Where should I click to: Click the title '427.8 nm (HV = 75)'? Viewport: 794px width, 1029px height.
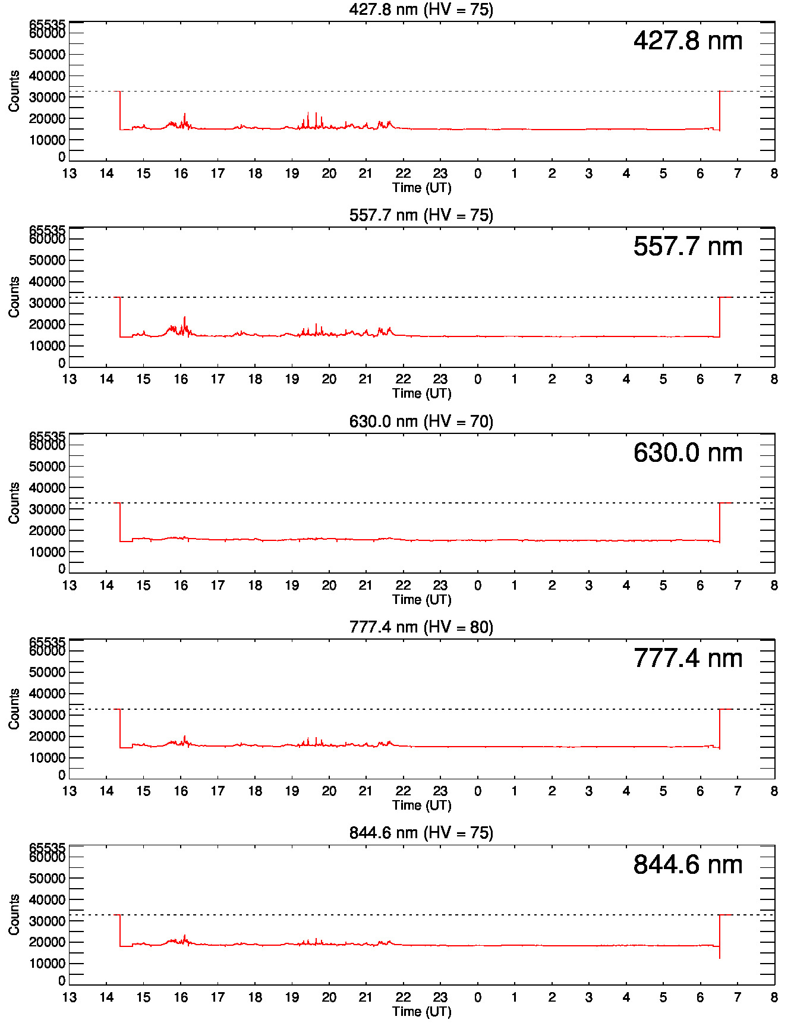pos(421,10)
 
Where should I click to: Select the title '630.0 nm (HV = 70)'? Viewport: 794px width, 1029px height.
pos(421,421)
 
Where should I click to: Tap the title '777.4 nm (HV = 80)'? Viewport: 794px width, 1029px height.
pos(421,627)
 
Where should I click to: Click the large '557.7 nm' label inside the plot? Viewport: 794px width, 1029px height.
pos(688,247)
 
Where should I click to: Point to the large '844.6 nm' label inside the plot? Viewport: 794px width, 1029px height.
pos(688,865)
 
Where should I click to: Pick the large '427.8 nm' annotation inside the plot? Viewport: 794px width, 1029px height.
pos(688,41)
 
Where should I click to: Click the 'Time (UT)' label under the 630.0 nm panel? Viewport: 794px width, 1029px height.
pos(421,599)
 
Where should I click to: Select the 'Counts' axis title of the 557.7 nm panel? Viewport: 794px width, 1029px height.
pos(14,297)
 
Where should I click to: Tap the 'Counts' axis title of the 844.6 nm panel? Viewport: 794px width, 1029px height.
pos(14,914)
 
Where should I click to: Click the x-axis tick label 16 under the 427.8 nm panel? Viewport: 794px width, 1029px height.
pos(181,174)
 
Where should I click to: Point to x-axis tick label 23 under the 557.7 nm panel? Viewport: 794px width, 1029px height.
pos(440,379)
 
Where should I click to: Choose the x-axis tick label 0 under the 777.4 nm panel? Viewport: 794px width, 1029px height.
pos(477,791)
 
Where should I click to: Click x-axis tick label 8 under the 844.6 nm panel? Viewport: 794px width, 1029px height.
pos(774,997)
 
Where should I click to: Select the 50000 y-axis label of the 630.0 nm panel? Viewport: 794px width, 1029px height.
pos(47,467)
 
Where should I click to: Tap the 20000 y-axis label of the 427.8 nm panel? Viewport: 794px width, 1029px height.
pos(47,119)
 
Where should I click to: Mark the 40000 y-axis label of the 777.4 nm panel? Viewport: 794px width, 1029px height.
pos(47,694)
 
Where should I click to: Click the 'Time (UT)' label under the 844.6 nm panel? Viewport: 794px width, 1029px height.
pos(421,1011)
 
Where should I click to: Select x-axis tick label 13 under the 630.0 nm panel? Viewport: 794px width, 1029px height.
pos(70,586)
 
